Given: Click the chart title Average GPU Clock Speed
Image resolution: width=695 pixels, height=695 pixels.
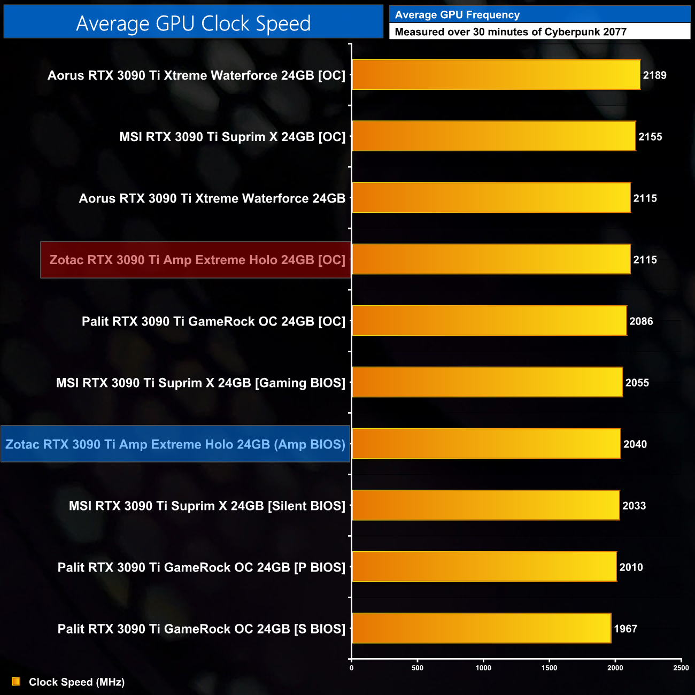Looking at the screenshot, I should point(193,23).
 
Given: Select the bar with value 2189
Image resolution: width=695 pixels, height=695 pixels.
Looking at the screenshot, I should point(496,75).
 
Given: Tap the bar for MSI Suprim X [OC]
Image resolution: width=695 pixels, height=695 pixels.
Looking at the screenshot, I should point(493,136).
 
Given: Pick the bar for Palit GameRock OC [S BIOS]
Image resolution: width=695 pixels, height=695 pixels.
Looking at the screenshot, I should point(481,628).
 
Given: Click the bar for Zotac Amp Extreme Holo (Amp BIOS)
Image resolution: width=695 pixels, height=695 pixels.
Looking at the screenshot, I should point(486,444).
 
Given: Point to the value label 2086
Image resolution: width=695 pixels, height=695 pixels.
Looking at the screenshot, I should point(641,321).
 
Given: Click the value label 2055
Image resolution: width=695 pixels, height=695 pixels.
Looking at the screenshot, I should point(637,383).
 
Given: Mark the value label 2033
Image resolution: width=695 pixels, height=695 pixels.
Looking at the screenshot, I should point(634,506).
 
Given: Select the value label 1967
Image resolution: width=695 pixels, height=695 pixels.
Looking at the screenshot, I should point(625,629).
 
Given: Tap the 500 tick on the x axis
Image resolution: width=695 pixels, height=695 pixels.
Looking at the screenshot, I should point(418,668).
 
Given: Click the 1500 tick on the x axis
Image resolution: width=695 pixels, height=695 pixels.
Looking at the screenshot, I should point(549,668).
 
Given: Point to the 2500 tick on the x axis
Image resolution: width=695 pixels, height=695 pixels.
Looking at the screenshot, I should point(681,668).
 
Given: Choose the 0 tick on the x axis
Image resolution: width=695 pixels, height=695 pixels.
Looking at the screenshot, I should point(351,668).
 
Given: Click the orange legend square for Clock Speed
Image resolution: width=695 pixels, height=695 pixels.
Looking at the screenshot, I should point(16,682).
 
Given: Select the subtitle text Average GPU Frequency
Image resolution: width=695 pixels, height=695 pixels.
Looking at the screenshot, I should point(457,15).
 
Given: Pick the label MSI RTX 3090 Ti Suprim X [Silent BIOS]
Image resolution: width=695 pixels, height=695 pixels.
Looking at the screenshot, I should point(207,506).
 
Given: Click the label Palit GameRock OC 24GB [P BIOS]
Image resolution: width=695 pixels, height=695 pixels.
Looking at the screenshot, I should point(201,567).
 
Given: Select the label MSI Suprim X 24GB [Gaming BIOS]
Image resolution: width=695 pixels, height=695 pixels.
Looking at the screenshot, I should point(200,383).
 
